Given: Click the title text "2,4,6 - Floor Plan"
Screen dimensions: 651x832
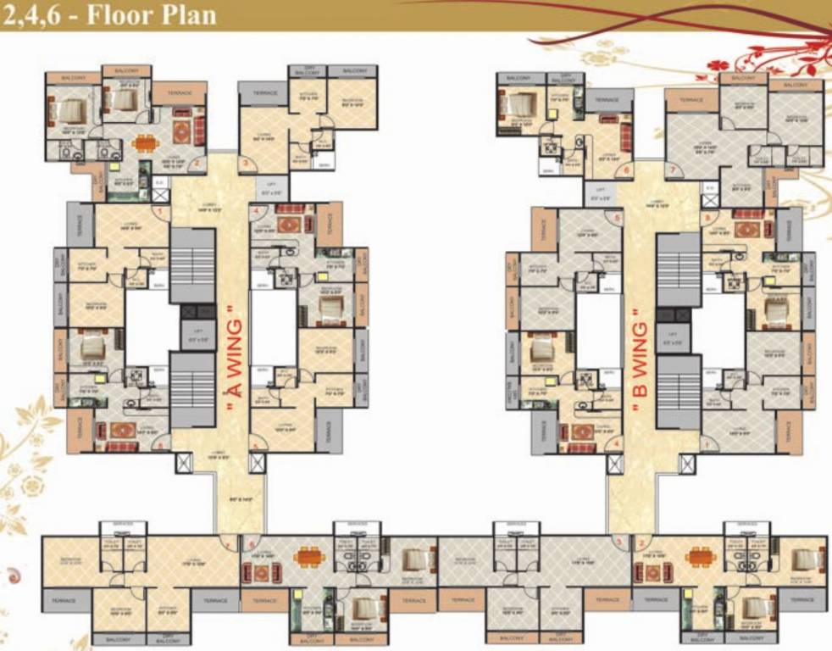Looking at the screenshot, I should point(109,14).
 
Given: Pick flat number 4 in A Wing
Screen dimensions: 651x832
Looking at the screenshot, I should point(255,210).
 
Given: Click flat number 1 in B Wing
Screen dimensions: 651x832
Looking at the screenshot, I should point(705,443).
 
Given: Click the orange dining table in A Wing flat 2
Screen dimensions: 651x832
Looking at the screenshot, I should point(145,142).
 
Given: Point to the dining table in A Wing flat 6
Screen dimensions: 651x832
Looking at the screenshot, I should point(305,557).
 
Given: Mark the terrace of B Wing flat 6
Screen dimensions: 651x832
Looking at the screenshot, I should point(607,99).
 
